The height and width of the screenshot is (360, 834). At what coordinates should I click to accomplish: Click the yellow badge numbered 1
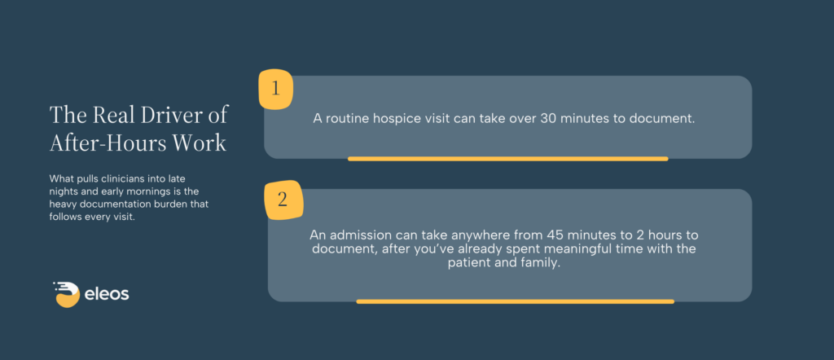click(x=275, y=90)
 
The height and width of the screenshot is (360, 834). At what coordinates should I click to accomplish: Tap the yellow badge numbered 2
click(x=283, y=200)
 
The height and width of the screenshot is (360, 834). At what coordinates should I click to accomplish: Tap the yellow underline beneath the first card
click(x=508, y=159)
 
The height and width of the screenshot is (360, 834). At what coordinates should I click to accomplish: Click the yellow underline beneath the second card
click(x=516, y=301)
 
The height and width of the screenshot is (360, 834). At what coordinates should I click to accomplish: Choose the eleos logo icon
click(x=67, y=294)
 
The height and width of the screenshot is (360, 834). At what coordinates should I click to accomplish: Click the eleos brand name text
click(x=107, y=294)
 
